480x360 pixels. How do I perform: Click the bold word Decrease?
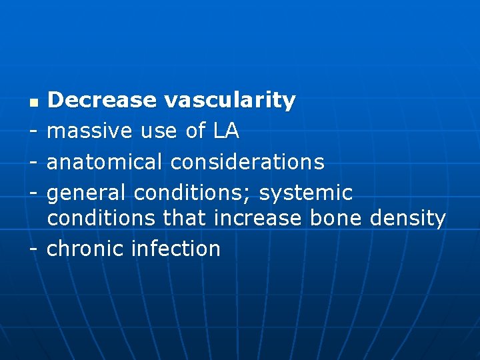[x=102, y=101]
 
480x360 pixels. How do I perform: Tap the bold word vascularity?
[x=229, y=101]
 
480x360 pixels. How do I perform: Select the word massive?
[x=91, y=131]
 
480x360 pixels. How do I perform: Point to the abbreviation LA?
[x=226, y=131]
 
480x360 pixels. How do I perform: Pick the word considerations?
[x=247, y=162]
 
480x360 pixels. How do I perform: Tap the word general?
[x=87, y=193]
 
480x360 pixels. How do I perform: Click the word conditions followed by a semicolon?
[x=193, y=193]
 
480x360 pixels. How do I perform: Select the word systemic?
[x=306, y=193]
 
